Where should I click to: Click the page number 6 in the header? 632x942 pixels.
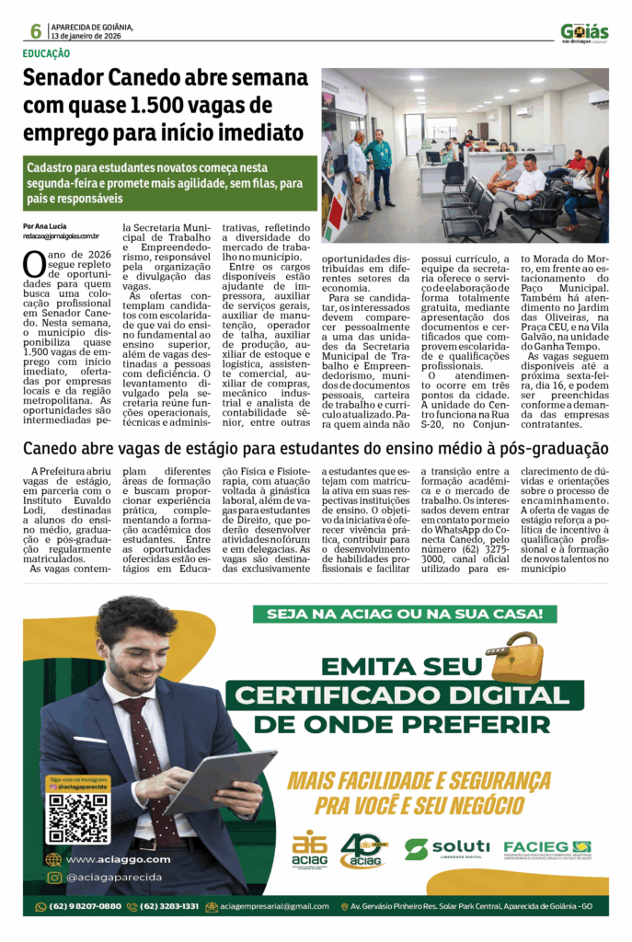pyautogui.click(x=36, y=31)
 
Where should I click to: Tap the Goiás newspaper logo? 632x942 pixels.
pyautogui.click(x=584, y=32)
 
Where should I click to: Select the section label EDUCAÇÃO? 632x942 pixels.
pyautogui.click(x=47, y=54)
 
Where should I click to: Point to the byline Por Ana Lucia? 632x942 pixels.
pyautogui.click(x=44, y=226)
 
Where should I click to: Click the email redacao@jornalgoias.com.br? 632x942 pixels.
pyautogui.click(x=62, y=236)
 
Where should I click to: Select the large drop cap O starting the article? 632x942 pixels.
pyautogui.click(x=33, y=264)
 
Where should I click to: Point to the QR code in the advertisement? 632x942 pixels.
pyautogui.click(x=79, y=817)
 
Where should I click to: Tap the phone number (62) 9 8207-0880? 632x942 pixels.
pyautogui.click(x=79, y=906)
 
